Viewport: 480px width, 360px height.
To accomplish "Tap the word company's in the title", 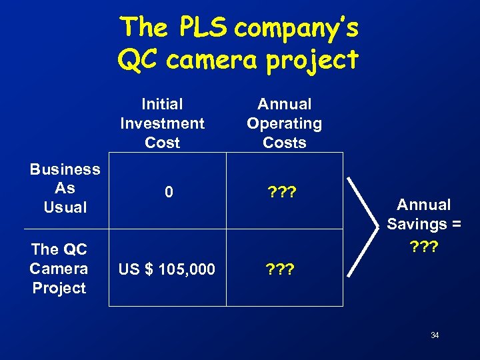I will [x=297, y=28].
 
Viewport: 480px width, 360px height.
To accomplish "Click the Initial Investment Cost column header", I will [x=162, y=123].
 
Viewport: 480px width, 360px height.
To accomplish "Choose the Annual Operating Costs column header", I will [x=284, y=123].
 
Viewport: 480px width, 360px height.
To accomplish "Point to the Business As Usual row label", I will [x=65, y=189].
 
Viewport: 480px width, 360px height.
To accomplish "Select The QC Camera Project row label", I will [x=59, y=269].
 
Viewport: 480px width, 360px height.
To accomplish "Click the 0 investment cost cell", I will [x=169, y=193].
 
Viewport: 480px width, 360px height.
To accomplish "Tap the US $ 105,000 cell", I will [x=166, y=269].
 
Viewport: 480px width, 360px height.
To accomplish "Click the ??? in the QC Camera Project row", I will [x=281, y=269].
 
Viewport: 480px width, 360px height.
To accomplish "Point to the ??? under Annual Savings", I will [x=423, y=245].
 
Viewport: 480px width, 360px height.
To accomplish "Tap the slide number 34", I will [x=434, y=335].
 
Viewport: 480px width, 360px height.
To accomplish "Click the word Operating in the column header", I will [x=284, y=123].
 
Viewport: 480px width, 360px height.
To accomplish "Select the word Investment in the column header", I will [x=162, y=123].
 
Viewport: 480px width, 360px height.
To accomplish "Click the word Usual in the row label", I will [x=65, y=207].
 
